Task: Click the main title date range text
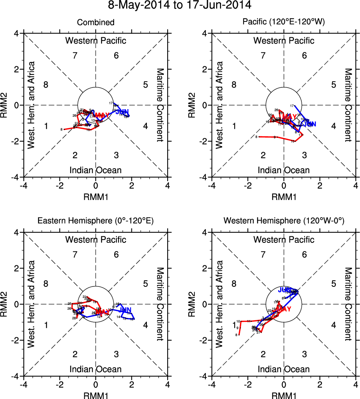click(180, 6)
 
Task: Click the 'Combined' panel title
click(96, 23)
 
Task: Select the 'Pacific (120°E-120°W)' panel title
click(284, 23)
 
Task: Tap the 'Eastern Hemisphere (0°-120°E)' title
click(96, 221)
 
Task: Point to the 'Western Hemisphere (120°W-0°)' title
click(284, 221)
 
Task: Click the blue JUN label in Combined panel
click(122, 112)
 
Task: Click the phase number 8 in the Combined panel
click(46, 84)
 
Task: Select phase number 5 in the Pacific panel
click(333, 84)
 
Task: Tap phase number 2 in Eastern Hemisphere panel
click(75, 354)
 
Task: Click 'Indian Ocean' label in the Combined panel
click(96, 170)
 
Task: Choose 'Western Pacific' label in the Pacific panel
click(284, 41)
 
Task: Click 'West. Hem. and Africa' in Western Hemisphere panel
click(220, 304)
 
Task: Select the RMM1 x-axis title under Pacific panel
click(284, 196)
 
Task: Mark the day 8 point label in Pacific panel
click(256, 137)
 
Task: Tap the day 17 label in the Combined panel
click(111, 103)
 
